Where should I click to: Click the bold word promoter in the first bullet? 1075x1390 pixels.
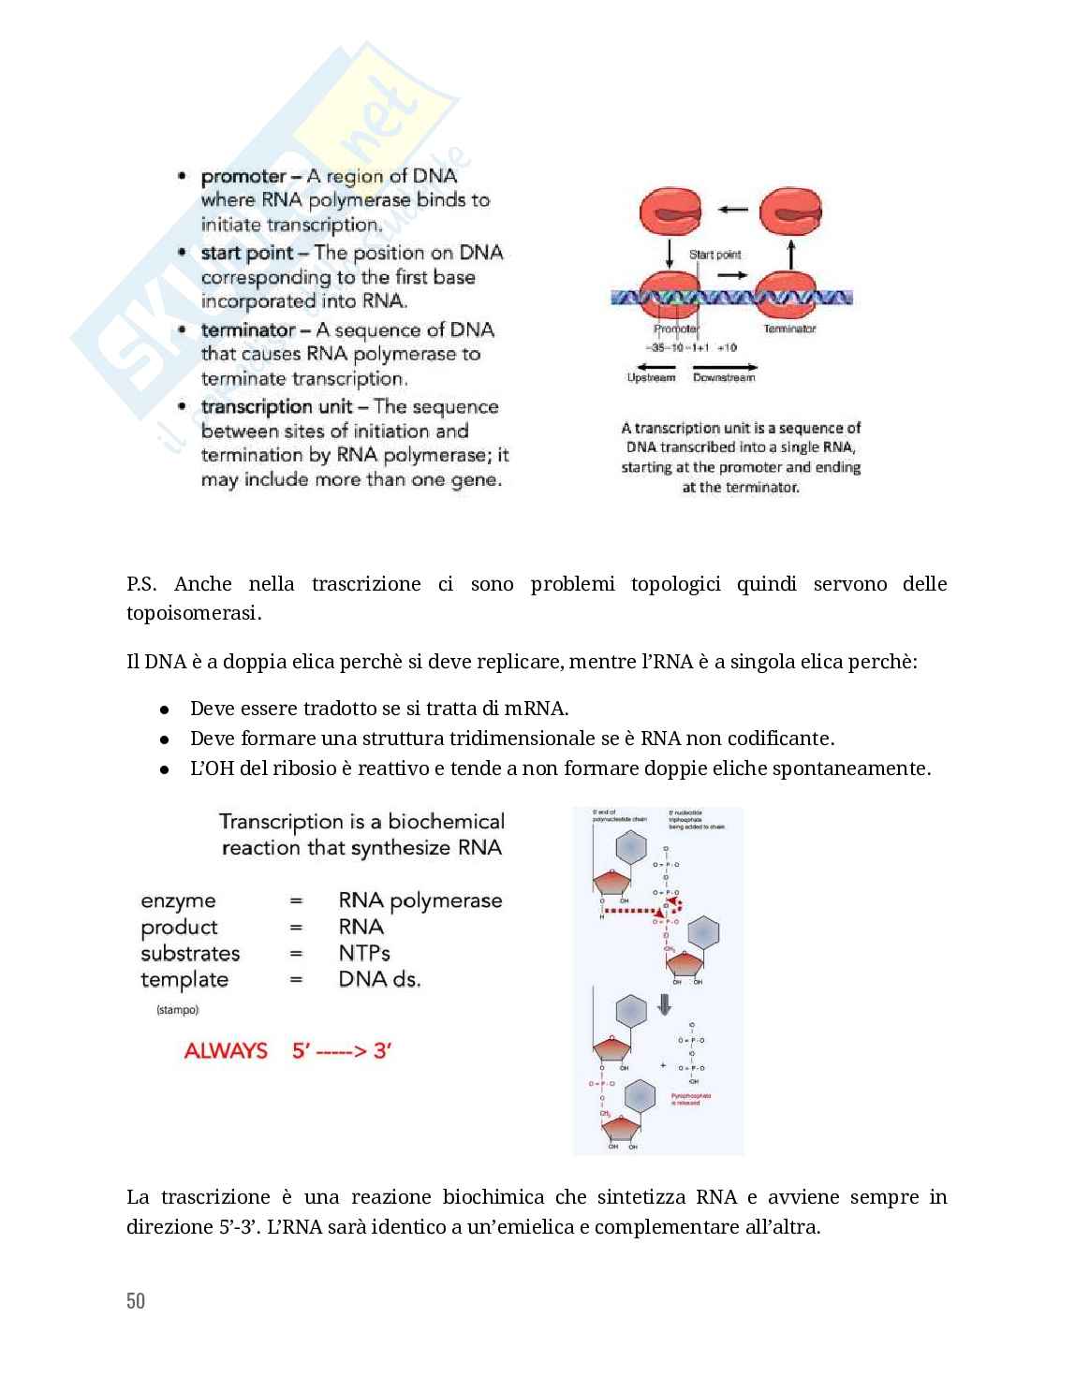point(243,177)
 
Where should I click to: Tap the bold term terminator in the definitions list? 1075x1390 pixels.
point(248,330)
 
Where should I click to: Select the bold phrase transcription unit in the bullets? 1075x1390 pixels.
point(277,407)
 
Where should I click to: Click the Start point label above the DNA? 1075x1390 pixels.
point(714,255)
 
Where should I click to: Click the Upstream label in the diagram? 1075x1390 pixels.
point(651,378)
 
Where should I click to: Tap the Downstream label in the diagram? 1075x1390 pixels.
point(724,378)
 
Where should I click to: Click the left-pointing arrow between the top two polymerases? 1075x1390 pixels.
point(732,209)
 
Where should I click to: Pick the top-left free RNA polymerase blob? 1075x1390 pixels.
point(670,212)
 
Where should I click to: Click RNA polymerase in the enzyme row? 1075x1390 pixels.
point(420,900)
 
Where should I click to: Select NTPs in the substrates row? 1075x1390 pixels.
point(364,953)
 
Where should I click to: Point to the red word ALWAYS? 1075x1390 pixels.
point(226,1050)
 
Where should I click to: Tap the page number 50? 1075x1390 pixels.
point(136,1301)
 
